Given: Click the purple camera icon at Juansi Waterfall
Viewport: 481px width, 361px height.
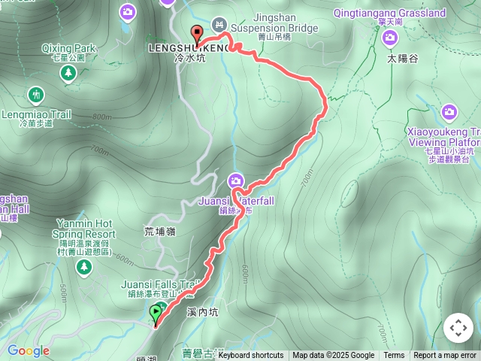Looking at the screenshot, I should [236, 181].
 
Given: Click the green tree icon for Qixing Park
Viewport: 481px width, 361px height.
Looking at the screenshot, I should [68, 72].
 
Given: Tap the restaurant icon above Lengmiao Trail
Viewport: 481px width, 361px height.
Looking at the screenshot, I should [35, 95].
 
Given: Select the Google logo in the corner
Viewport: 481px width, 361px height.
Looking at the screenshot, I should [28, 350].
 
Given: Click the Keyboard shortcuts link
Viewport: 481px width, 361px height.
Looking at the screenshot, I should [251, 356].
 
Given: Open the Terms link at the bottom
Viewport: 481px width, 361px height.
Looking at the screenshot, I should [394, 356].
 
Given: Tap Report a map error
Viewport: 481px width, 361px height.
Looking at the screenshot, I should [446, 356].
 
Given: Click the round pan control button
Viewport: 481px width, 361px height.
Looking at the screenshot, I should [458, 328].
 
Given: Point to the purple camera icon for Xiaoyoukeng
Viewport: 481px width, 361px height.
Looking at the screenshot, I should [449, 113].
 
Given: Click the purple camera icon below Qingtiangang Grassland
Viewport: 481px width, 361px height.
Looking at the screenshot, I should [389, 37].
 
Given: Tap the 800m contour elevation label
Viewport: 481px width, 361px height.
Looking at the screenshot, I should [101, 117].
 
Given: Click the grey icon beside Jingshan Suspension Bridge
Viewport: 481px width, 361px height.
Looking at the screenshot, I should [219, 24].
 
